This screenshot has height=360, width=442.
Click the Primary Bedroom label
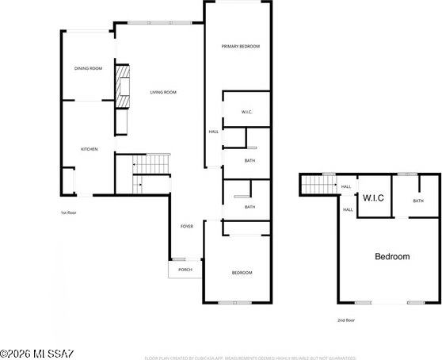tap(240, 46)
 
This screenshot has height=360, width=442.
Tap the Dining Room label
tap(89, 68)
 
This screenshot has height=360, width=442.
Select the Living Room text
tap(163, 92)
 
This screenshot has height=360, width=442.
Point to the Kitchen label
tap(89, 149)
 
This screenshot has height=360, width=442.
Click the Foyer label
tap(186, 226)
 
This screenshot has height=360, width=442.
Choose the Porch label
tap(185, 270)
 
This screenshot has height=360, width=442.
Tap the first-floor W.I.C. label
tap(247, 112)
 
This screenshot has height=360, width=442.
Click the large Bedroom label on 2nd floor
tap(391, 256)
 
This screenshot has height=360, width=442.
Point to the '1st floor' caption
tap(69, 213)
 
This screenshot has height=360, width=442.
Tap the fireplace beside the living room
tap(123, 86)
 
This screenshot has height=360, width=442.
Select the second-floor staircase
tap(319, 185)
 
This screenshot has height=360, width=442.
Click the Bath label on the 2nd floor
tap(418, 201)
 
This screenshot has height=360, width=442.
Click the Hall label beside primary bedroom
tap(213, 132)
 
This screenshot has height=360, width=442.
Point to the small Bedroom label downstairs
tap(242, 273)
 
